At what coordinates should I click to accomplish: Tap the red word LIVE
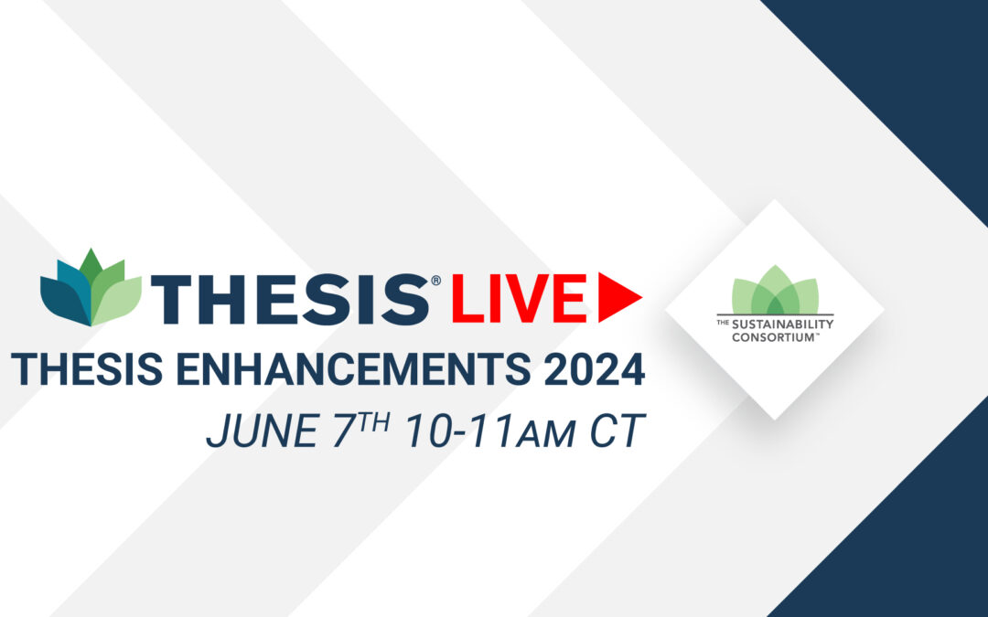coord(519,298)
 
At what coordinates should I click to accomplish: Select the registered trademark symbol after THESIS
coord(435,281)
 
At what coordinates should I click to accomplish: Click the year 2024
coord(595,369)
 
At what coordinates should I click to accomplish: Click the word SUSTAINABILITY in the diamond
coord(782,324)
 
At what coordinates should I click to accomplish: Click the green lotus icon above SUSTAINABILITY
coord(775,290)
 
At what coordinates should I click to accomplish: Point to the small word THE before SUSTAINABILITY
coord(723,323)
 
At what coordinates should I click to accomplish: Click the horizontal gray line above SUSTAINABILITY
coord(775,314)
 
